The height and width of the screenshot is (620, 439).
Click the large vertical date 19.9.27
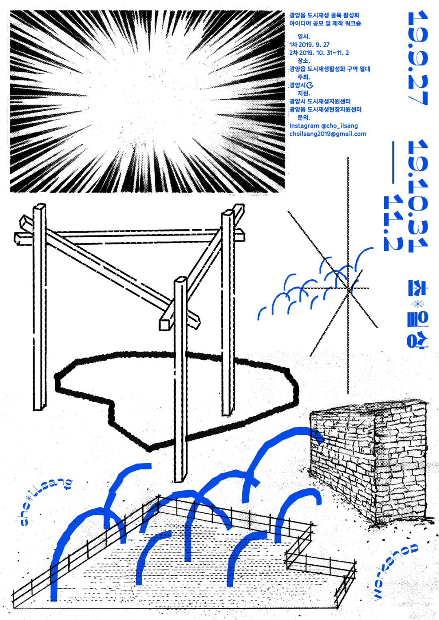418,58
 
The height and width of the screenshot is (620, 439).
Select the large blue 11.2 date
393,223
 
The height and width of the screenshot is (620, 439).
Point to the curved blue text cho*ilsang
46,501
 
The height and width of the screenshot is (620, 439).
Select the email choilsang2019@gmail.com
328,134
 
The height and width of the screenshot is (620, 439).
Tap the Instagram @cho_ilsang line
324,126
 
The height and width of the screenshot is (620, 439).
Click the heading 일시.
304,37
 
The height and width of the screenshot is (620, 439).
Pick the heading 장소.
304,61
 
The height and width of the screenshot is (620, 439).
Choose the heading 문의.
304,118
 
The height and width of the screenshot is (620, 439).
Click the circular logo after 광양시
310,85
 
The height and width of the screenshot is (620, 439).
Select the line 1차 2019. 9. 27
309,45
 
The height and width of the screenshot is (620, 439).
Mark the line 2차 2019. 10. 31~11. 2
319,53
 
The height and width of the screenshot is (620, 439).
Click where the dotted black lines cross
348,288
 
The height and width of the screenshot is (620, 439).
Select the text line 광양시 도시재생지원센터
320,102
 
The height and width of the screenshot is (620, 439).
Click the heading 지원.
304,93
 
